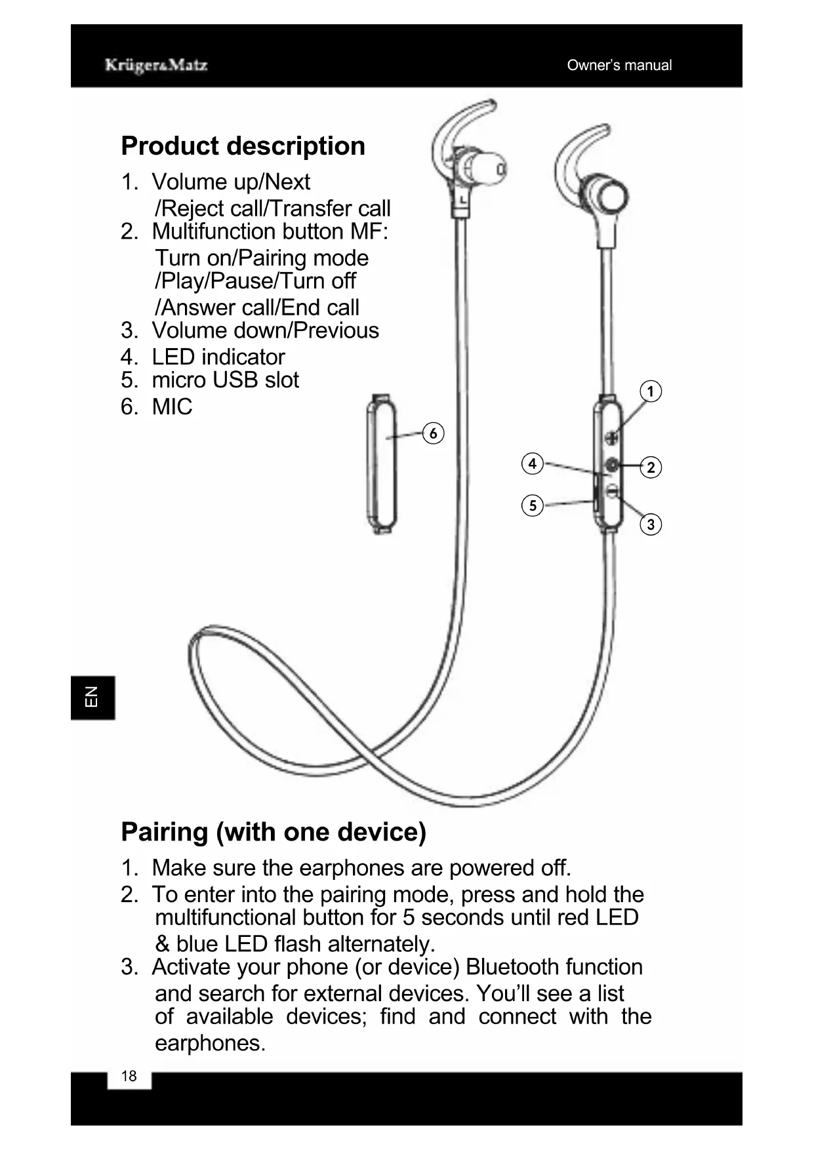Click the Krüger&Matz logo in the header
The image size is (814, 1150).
click(x=156, y=65)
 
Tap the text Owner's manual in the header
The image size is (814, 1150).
click(x=619, y=65)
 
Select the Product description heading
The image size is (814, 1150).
click(x=243, y=146)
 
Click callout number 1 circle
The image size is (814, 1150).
click(x=650, y=391)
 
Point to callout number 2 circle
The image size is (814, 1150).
click(x=650, y=467)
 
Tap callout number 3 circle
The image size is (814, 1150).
click(x=650, y=525)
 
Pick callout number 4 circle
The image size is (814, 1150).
click(x=532, y=464)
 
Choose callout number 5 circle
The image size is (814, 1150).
click(x=532, y=506)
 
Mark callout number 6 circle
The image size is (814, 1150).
click(x=433, y=433)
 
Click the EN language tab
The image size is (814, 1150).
click(x=92, y=698)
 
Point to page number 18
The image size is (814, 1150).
click(x=129, y=1076)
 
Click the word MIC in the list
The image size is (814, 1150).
click(x=172, y=406)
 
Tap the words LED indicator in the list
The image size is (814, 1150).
click(x=218, y=357)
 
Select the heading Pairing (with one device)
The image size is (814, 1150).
click(x=274, y=831)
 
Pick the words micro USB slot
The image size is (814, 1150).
click(x=225, y=380)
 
